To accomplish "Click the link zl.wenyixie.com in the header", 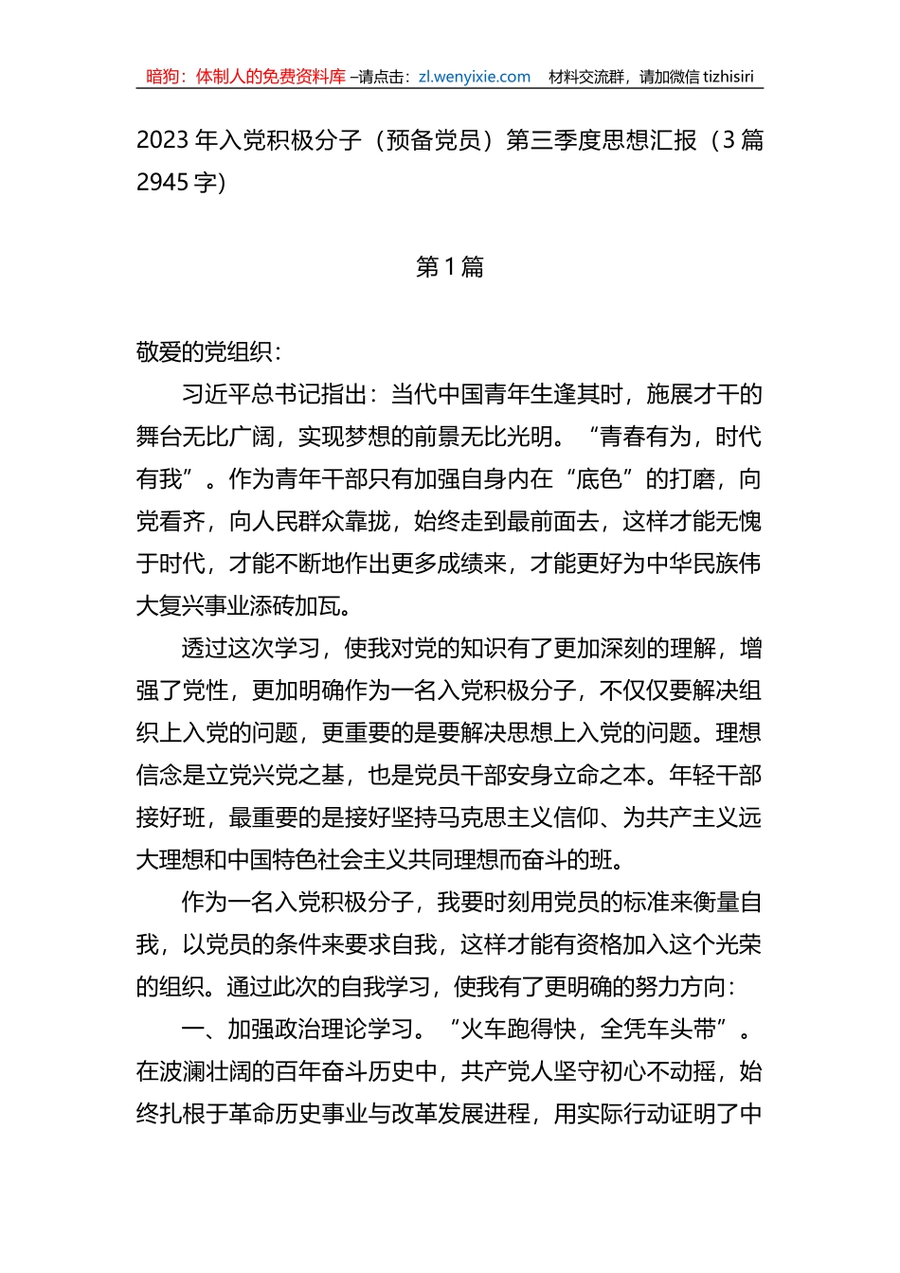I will click(x=474, y=77).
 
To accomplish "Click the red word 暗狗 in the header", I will click(x=163, y=77).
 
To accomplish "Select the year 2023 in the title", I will click(x=163, y=140).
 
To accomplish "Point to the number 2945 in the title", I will click(x=163, y=182).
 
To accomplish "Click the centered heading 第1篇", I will click(x=450, y=267).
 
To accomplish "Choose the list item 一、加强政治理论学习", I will click(x=297, y=1030).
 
